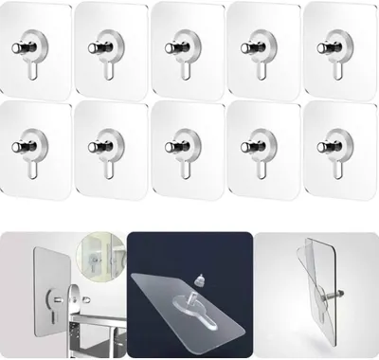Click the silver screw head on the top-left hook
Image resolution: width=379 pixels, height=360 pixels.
[x=21, y=47]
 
